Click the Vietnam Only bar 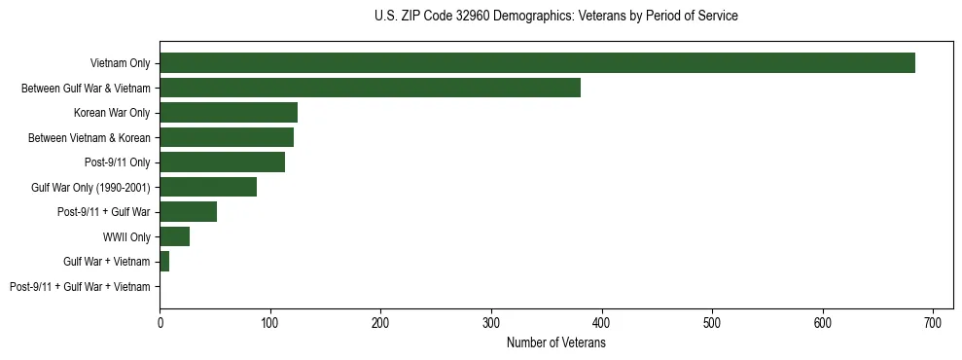(x=537, y=63)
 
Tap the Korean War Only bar (x=229, y=113)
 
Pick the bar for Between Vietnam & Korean (x=227, y=137)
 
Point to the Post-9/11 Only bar (x=222, y=162)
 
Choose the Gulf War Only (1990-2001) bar (x=208, y=187)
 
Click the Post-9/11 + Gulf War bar (x=188, y=212)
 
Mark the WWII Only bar (x=174, y=236)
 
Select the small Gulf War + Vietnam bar (x=164, y=262)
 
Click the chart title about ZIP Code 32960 (x=555, y=17)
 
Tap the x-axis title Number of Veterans (x=555, y=343)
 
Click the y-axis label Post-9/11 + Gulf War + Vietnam (x=80, y=287)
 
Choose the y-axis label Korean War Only (x=112, y=113)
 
